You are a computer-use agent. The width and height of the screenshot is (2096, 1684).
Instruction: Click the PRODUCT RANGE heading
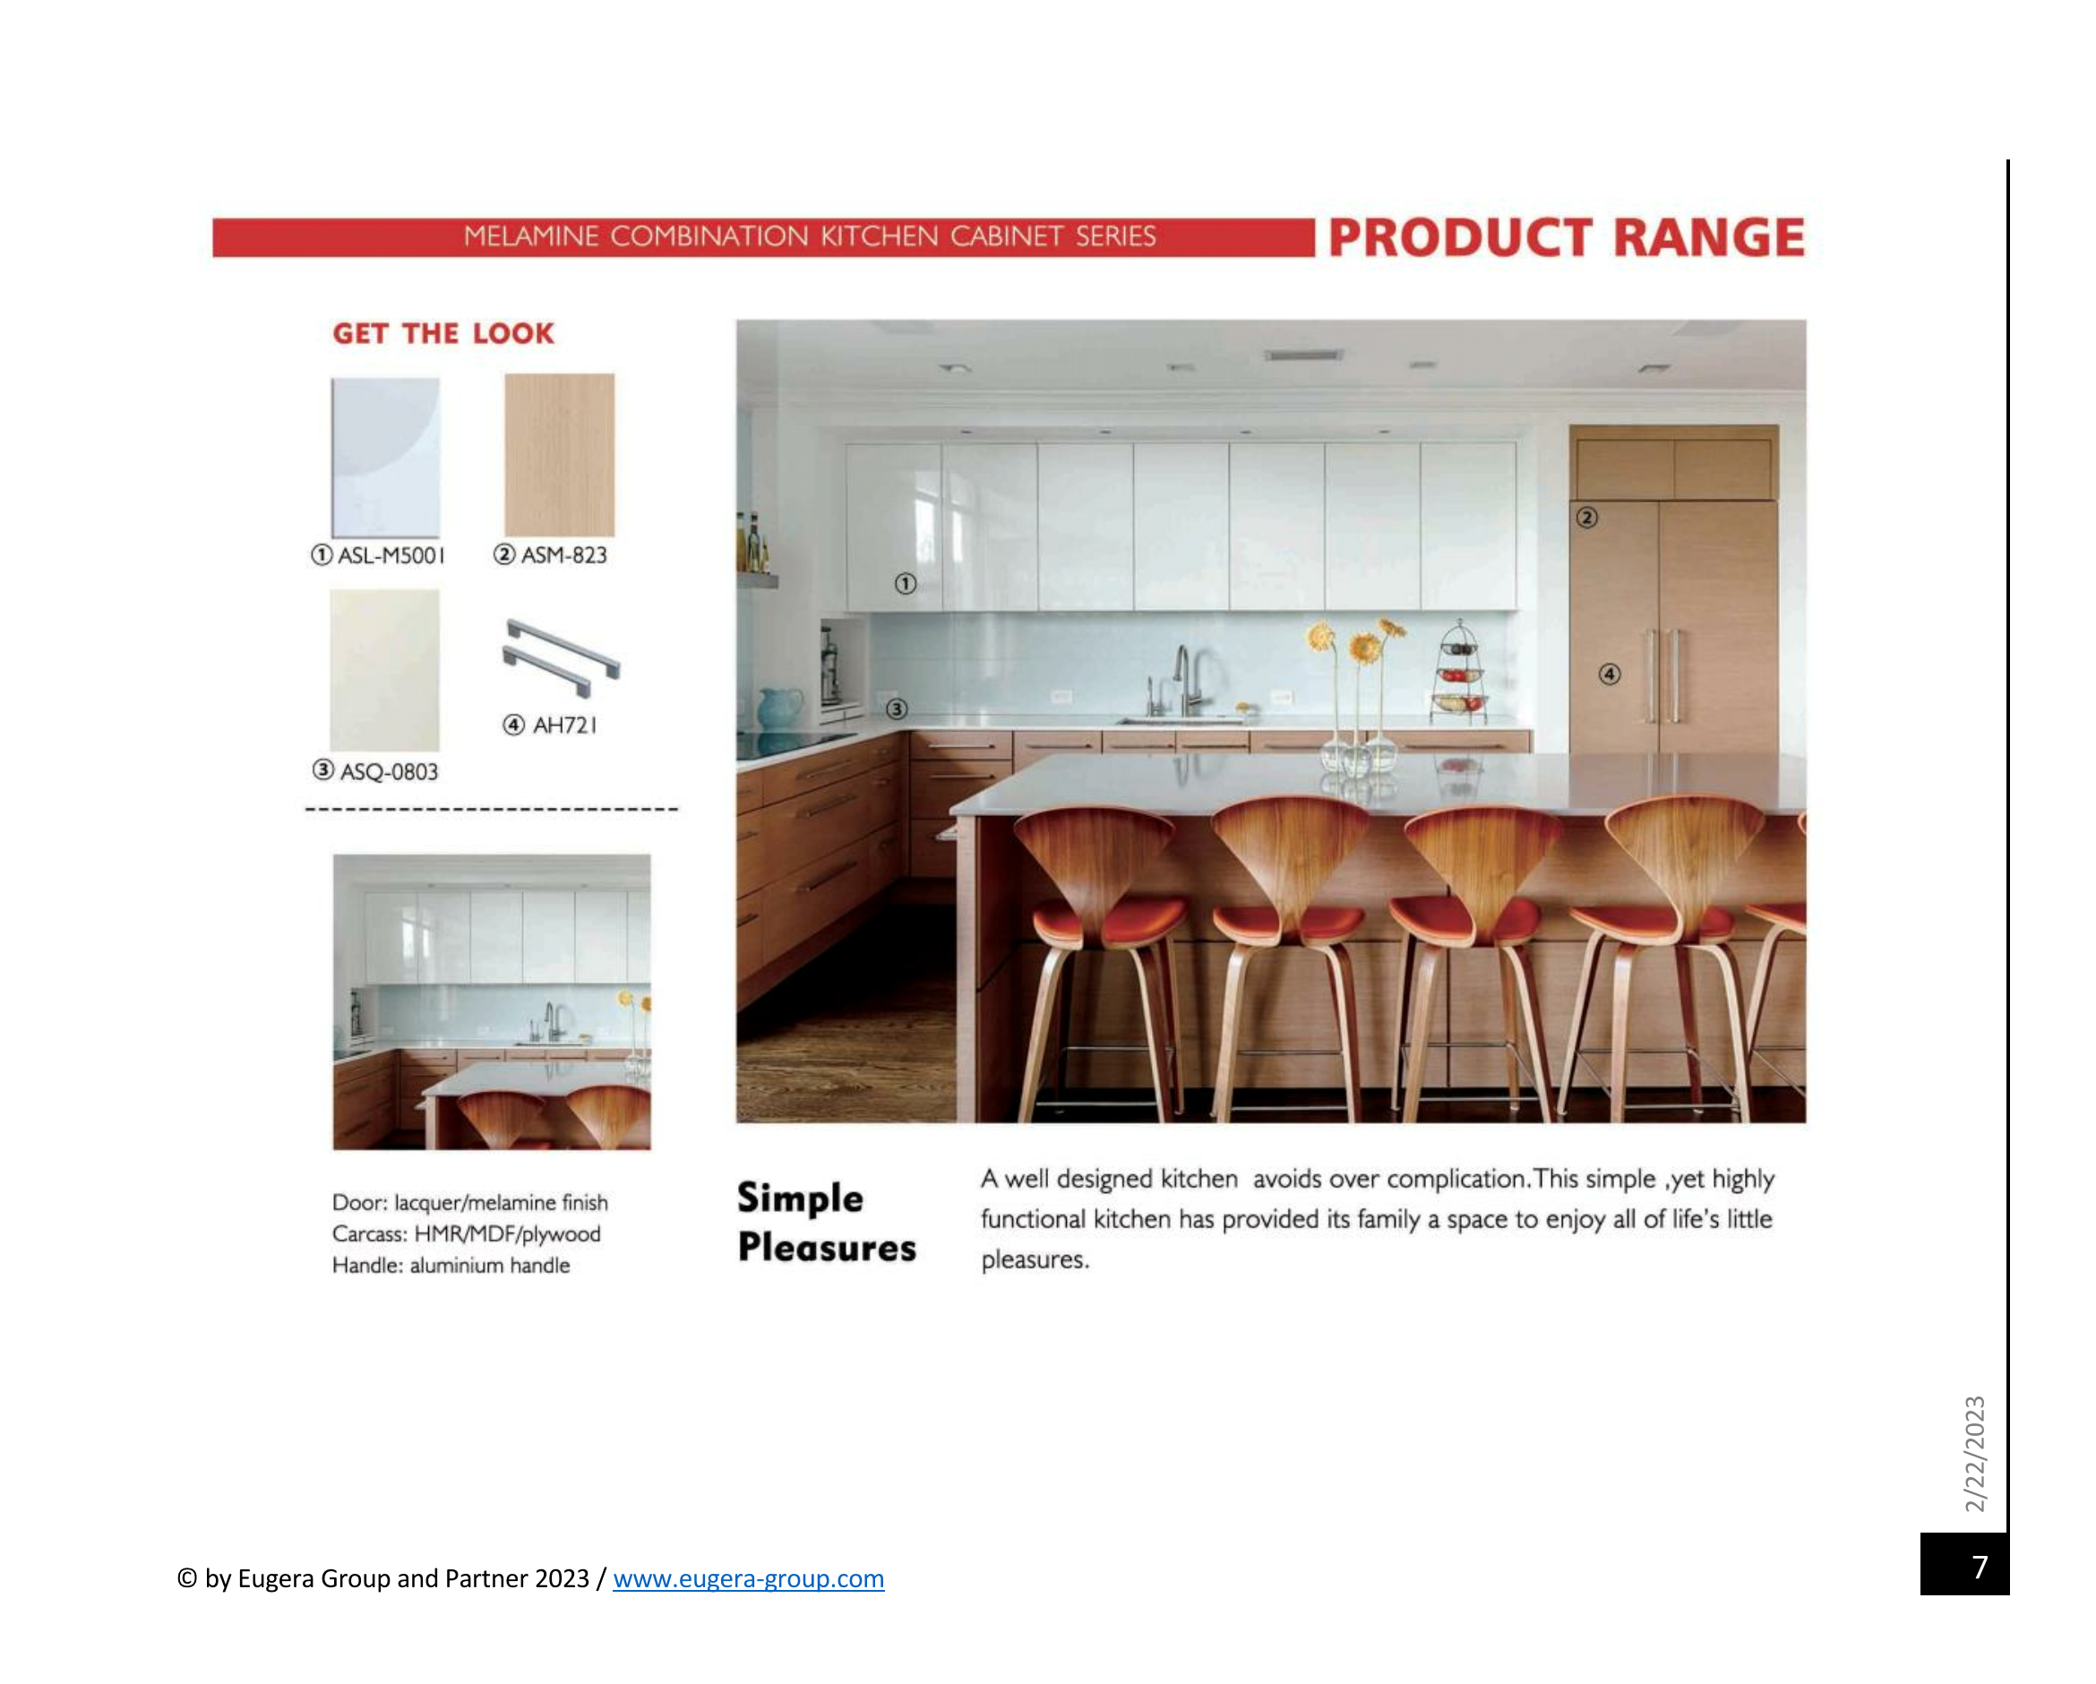tap(1566, 238)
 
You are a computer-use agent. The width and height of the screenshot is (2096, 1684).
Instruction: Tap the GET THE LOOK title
tap(443, 333)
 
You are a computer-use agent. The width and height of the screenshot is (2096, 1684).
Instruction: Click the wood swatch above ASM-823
tap(559, 455)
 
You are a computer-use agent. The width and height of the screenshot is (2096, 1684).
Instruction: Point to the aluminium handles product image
tap(561, 657)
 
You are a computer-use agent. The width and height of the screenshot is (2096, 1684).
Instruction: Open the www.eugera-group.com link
tap(749, 1578)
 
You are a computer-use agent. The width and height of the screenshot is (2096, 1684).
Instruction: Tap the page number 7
tap(1980, 1567)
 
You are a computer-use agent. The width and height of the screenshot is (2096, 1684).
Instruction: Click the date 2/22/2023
tap(1974, 1454)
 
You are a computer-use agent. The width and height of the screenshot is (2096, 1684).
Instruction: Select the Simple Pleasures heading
tap(827, 1222)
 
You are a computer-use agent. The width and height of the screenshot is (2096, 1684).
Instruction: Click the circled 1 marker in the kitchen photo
tap(905, 583)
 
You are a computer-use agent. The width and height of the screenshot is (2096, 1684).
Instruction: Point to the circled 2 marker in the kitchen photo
tap(1586, 517)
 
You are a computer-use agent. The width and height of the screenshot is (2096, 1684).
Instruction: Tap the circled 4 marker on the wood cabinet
tap(1610, 674)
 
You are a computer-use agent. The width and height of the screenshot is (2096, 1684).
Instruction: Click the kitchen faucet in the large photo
tap(1185, 681)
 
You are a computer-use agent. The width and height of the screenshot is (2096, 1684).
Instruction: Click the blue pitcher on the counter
tap(779, 709)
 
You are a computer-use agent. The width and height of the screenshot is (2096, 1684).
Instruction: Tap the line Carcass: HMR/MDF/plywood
tap(467, 1233)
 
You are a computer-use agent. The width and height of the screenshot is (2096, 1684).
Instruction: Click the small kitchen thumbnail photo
tap(492, 1002)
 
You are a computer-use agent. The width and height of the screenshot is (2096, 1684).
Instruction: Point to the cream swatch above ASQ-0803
tap(385, 670)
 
